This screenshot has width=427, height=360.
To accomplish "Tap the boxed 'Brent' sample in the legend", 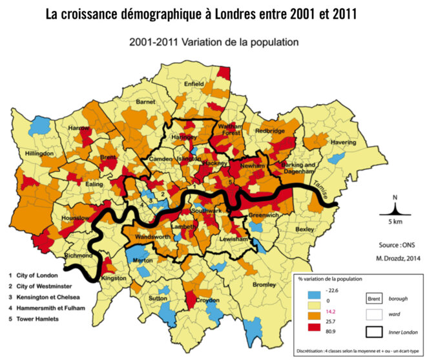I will coord(374,299).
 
